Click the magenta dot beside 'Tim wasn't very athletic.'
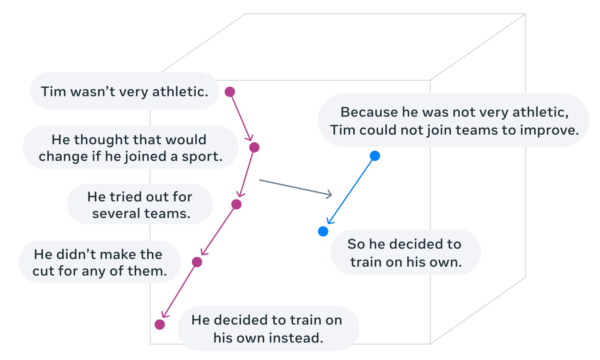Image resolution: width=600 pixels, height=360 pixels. (230, 92)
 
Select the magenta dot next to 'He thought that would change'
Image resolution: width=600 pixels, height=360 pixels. (254, 147)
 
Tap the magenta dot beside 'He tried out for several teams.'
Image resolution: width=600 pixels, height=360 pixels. (236, 204)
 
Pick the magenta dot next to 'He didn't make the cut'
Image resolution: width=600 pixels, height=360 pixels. (197, 262)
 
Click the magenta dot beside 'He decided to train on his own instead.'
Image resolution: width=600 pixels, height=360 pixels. (160, 325)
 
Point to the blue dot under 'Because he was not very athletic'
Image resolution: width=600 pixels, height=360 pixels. (375, 156)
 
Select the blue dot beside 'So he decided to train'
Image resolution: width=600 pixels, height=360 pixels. (323, 232)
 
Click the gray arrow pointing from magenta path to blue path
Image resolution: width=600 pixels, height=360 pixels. (295, 187)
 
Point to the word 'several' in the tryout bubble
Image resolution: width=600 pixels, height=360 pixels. (115, 214)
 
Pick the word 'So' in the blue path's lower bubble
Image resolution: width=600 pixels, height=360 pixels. (356, 244)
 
